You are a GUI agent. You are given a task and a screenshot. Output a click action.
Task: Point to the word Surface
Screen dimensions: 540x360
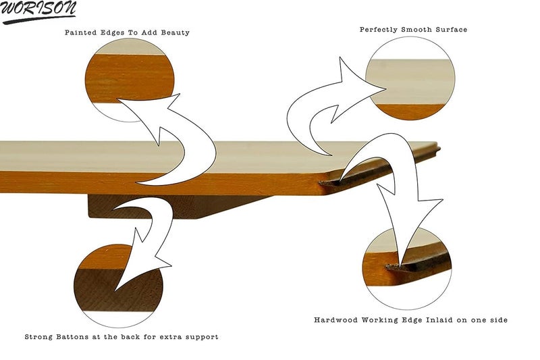(x=451, y=30)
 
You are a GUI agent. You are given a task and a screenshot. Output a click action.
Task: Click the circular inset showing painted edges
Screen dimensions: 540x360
(x=130, y=80)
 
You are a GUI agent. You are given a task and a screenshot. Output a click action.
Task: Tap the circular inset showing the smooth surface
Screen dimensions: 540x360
(x=410, y=78)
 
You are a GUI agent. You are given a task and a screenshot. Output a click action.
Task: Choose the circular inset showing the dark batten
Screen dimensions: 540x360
(x=118, y=286)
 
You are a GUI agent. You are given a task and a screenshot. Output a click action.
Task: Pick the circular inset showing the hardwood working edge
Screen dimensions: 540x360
(x=407, y=269)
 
